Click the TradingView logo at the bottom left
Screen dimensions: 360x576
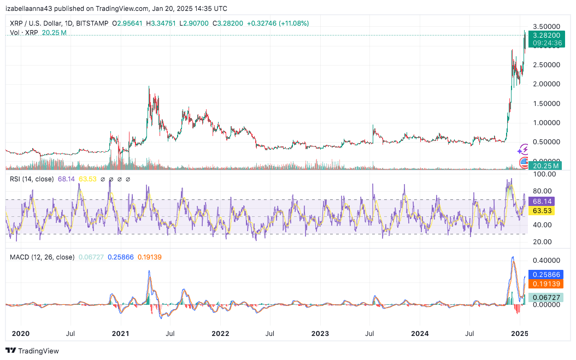tap(32, 351)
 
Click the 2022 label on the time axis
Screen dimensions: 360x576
tap(220, 332)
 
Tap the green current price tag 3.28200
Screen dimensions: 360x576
tap(547, 34)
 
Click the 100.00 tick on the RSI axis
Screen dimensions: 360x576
tap(544, 174)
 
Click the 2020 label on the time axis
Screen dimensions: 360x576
tap(21, 332)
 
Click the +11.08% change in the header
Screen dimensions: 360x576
tap(294, 23)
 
